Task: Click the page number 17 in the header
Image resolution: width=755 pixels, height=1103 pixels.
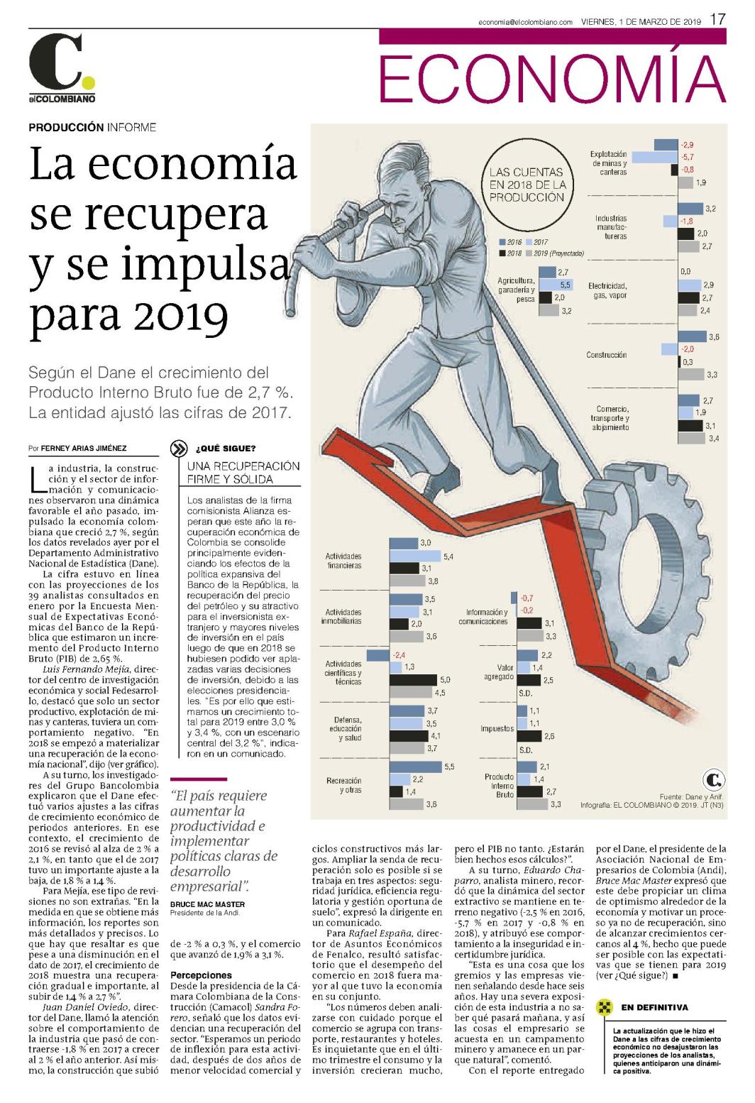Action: pyautogui.click(x=718, y=19)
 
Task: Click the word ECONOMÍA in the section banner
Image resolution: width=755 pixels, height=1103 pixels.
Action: pyautogui.click(x=552, y=77)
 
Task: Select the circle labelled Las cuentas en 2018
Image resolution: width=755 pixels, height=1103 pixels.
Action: pyautogui.click(x=527, y=185)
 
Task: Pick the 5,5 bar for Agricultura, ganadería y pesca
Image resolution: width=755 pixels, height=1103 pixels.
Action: pyautogui.click(x=556, y=285)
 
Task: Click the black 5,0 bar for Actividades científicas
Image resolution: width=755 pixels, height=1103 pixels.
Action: pyautogui.click(x=413, y=679)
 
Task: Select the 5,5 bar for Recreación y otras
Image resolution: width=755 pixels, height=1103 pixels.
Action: pyautogui.click(x=415, y=767)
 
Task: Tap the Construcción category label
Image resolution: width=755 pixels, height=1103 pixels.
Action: pyautogui.click(x=607, y=355)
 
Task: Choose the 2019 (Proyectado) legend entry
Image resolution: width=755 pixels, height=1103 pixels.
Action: pyautogui.click(x=555, y=253)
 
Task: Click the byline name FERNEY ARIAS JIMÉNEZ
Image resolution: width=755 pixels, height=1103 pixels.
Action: pyautogui.click(x=84, y=448)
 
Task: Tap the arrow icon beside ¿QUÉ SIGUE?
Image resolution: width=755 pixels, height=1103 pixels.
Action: pyautogui.click(x=178, y=449)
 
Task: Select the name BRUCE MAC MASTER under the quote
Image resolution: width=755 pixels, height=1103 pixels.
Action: pyautogui.click(x=207, y=904)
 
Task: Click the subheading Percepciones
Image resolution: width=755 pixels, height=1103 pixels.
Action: pyautogui.click(x=201, y=975)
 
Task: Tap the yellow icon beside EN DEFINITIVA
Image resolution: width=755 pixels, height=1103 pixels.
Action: pyautogui.click(x=604, y=1007)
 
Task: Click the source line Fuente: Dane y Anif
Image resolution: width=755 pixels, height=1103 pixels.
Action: pyautogui.click(x=691, y=796)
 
